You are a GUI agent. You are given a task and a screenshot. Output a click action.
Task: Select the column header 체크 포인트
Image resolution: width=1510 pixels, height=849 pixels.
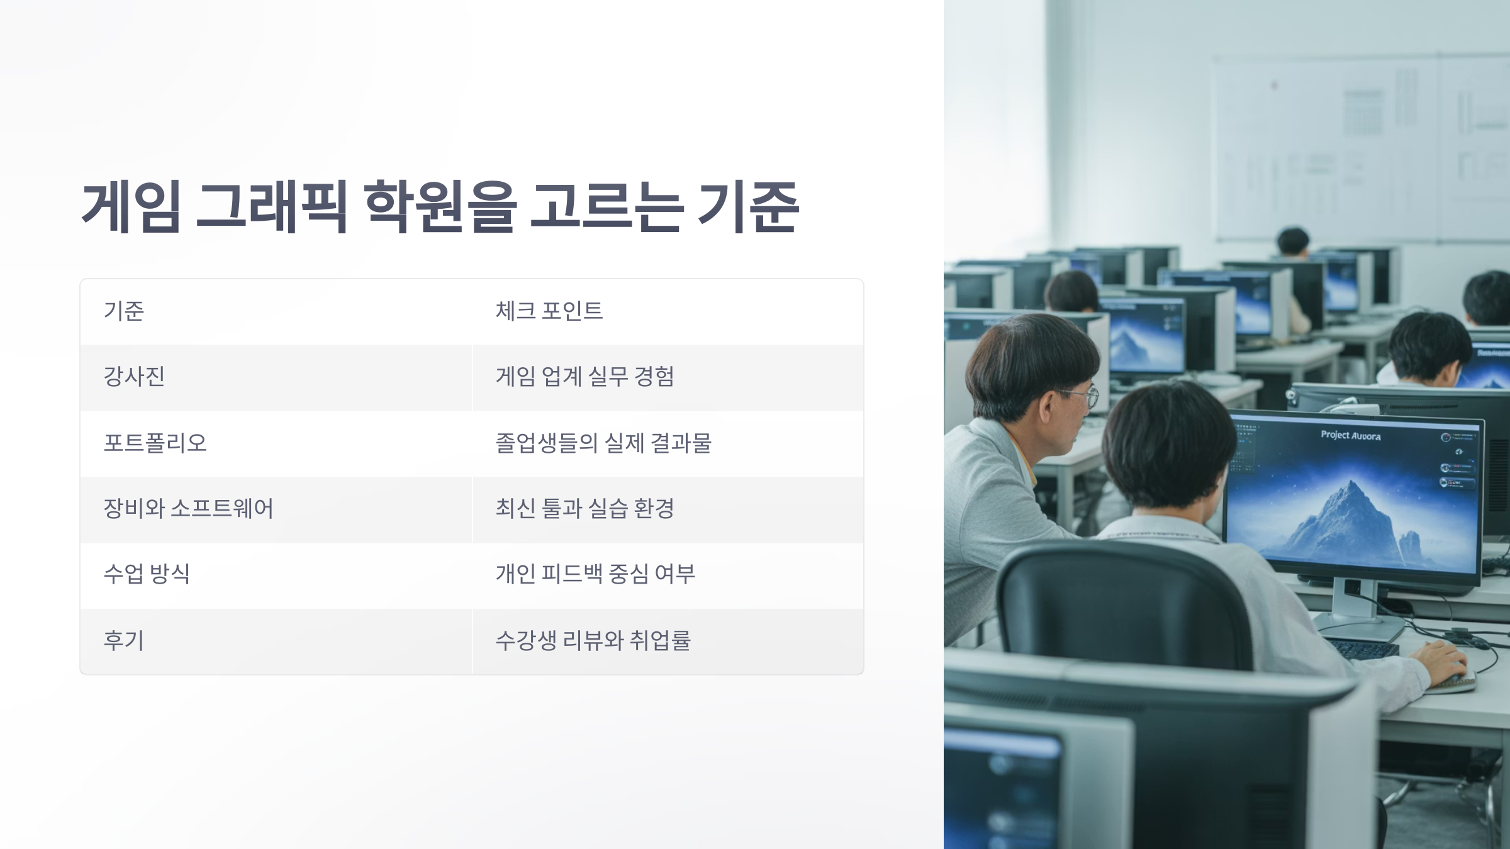point(549,311)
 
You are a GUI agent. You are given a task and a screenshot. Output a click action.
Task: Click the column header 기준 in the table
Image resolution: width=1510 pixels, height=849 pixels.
point(124,311)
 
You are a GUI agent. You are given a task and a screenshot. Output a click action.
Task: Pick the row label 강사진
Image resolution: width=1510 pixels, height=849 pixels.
point(134,377)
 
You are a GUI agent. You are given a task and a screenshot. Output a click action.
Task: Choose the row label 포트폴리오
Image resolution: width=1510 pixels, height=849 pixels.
point(155,443)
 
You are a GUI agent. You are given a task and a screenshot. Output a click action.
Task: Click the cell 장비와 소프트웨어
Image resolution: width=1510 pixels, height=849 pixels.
point(188,508)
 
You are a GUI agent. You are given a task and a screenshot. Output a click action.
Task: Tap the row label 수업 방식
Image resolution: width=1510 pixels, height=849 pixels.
point(147,574)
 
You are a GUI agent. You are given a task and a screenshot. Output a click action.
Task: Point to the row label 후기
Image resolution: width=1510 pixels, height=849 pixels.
point(124,640)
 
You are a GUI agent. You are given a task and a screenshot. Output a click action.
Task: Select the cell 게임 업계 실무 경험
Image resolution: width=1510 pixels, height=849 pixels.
point(584,377)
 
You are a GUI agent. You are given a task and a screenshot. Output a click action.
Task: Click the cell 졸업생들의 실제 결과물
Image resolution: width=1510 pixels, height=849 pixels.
point(603,443)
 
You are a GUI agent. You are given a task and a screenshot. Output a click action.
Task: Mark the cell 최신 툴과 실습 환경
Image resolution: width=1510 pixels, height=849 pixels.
point(584,508)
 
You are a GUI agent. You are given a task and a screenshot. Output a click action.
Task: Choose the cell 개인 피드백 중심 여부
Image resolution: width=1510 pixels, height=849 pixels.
point(595,574)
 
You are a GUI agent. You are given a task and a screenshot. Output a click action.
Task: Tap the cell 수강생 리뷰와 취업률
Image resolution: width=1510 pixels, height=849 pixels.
point(593,640)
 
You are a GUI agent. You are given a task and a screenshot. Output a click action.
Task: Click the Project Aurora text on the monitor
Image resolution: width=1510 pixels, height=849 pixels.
point(1350,435)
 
